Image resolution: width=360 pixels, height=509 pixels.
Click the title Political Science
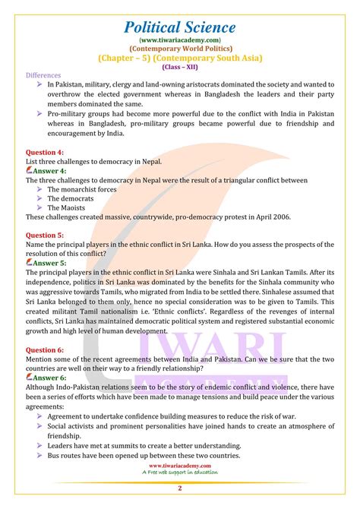[180, 27]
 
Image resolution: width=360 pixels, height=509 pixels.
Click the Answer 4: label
[46, 171]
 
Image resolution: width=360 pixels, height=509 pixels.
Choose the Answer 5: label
[46, 262]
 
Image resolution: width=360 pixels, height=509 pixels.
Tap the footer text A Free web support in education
[181, 473]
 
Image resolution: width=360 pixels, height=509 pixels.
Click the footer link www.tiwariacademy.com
[181, 465]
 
